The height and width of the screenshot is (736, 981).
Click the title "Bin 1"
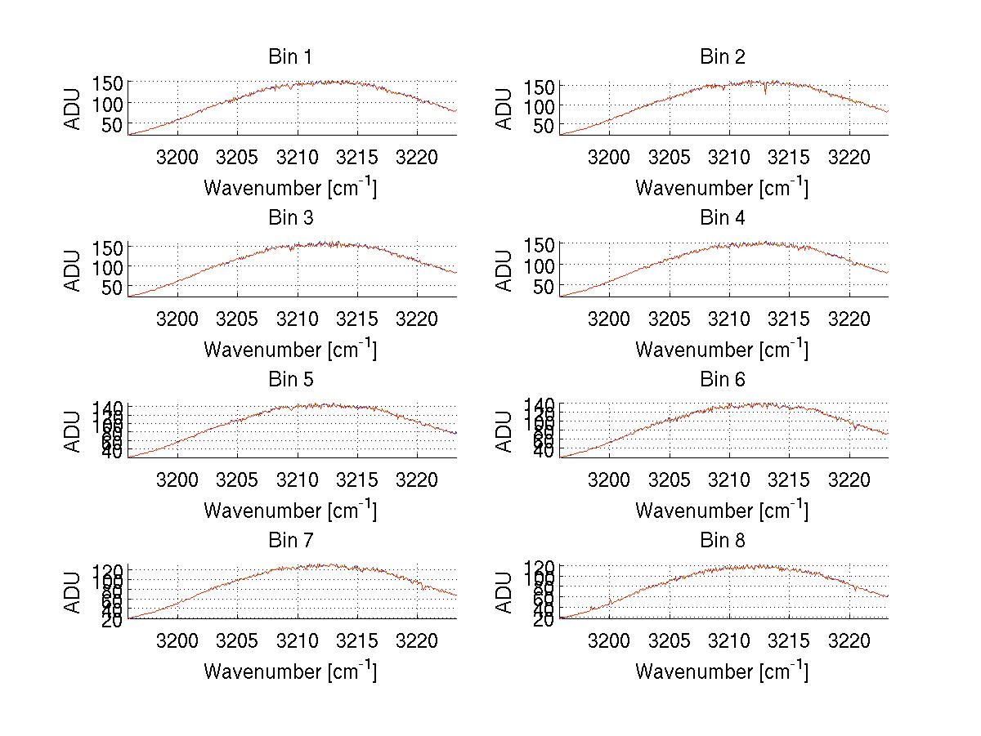point(290,57)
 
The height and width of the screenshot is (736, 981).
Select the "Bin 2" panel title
point(723,57)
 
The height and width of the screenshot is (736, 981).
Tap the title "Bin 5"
point(290,380)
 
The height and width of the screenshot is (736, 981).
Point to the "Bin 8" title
point(723,541)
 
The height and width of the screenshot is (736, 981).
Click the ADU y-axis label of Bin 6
point(504,430)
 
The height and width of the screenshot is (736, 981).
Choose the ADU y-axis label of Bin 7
point(73,591)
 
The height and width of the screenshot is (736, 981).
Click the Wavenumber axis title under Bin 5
point(290,510)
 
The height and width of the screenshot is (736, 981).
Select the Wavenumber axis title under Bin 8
point(723,671)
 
